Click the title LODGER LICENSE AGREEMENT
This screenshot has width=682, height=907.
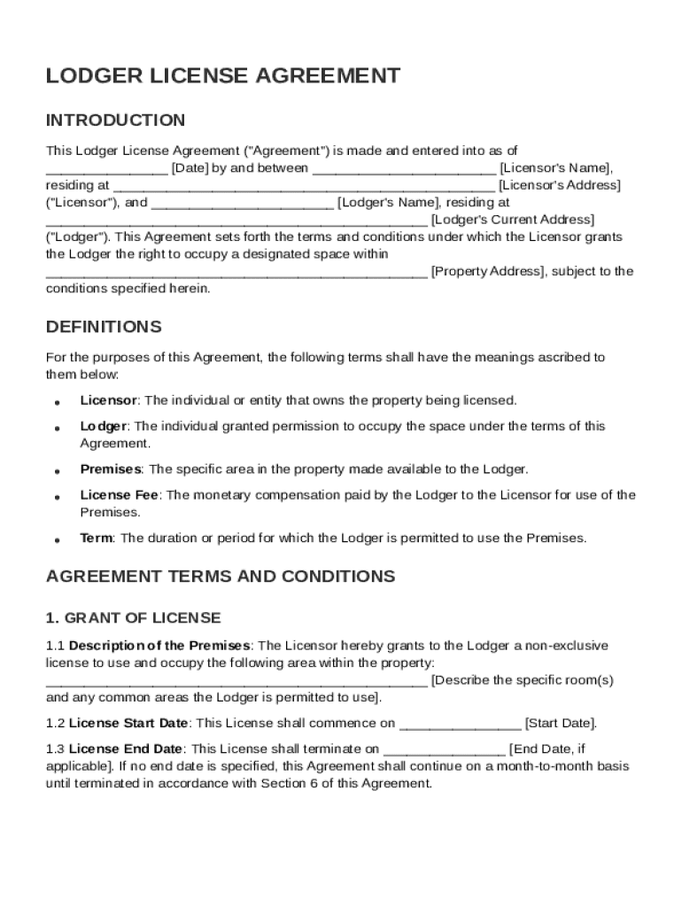(x=222, y=76)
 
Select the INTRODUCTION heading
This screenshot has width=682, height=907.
(x=115, y=120)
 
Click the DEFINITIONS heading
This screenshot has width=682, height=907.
(x=104, y=327)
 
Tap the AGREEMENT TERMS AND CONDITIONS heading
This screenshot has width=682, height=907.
(x=220, y=577)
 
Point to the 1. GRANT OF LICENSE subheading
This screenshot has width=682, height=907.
(x=133, y=617)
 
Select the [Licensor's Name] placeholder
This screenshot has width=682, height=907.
(x=555, y=168)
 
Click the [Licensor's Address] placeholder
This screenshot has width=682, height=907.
(x=560, y=185)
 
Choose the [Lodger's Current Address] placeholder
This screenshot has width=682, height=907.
(x=512, y=220)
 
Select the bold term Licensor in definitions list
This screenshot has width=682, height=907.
(x=108, y=400)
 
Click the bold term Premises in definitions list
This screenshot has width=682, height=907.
(x=111, y=469)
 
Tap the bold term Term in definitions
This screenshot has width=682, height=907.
(x=97, y=538)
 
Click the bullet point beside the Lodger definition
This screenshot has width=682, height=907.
(x=57, y=428)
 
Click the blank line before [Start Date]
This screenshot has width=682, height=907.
(x=460, y=724)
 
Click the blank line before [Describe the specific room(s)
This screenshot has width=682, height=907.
(x=236, y=681)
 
